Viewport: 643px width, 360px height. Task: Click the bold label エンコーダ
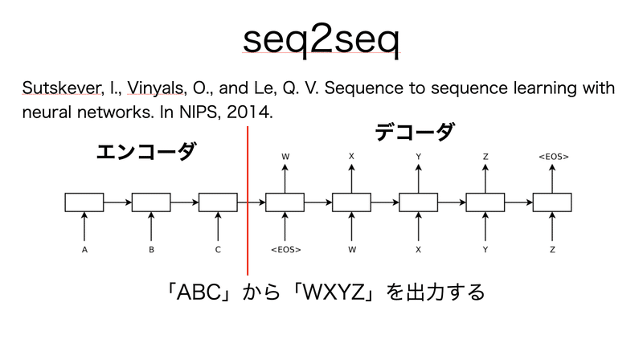(145, 152)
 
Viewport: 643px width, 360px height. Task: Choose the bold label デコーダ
(414, 133)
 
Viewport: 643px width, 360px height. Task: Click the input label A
(84, 250)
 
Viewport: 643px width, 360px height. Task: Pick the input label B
(151, 250)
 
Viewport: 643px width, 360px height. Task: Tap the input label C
(218, 250)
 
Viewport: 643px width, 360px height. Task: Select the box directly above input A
(84, 202)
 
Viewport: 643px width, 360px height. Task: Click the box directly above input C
(218, 202)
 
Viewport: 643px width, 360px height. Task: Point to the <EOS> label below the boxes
(285, 250)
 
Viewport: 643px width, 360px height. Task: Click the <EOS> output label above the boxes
(553, 156)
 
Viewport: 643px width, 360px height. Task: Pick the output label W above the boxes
(285, 156)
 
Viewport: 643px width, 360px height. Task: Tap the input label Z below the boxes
(553, 250)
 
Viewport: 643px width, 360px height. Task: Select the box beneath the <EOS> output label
(553, 202)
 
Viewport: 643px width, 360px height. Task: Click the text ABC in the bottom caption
(198, 291)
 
